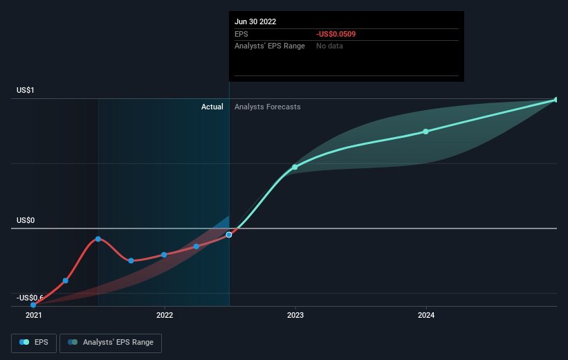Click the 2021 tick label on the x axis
tap(33, 315)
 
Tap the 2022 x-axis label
tap(164, 315)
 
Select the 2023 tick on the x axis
tap(295, 315)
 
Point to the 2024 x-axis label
tap(426, 315)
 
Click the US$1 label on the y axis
tap(26, 91)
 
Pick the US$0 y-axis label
tap(26, 220)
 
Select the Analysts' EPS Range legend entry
tap(111, 342)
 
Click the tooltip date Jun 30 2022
tap(255, 21)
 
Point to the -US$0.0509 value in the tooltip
tap(336, 34)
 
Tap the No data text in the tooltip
tap(329, 46)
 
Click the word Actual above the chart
tap(212, 107)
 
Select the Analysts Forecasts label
tap(268, 107)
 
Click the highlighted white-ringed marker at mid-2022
tap(229, 235)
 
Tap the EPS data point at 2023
tap(295, 167)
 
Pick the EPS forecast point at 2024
tap(426, 132)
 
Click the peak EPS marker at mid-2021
tap(98, 239)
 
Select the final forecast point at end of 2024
tap(556, 100)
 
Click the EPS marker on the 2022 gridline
tap(164, 255)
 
